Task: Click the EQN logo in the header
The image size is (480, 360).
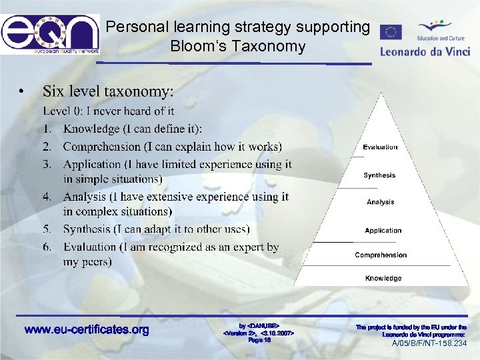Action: click(50, 33)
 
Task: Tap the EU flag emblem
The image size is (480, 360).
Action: click(391, 33)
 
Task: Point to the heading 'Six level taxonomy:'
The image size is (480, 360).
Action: click(108, 90)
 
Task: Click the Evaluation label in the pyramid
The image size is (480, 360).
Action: click(380, 147)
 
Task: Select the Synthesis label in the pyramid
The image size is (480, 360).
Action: click(379, 175)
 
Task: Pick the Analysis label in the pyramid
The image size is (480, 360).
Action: click(380, 202)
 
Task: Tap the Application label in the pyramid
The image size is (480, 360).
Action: click(383, 231)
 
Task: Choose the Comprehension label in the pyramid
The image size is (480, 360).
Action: click(381, 255)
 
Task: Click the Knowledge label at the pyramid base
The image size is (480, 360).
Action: click(383, 278)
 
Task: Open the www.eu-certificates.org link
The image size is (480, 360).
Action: click(87, 329)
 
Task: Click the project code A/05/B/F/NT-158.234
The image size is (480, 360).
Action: click(429, 343)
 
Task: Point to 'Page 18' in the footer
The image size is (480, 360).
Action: click(259, 340)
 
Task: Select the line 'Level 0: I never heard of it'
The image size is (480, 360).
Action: click(109, 111)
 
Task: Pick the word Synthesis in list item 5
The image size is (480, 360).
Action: click(87, 229)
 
